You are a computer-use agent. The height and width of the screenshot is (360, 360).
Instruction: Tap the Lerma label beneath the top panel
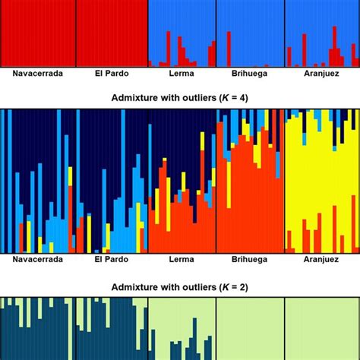pos(181,74)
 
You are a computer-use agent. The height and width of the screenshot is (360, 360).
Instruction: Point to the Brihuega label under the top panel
pos(249,74)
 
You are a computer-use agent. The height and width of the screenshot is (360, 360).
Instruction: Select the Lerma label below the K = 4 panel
pos(181,260)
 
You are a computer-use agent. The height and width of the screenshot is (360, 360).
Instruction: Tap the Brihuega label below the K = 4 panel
pos(249,260)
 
